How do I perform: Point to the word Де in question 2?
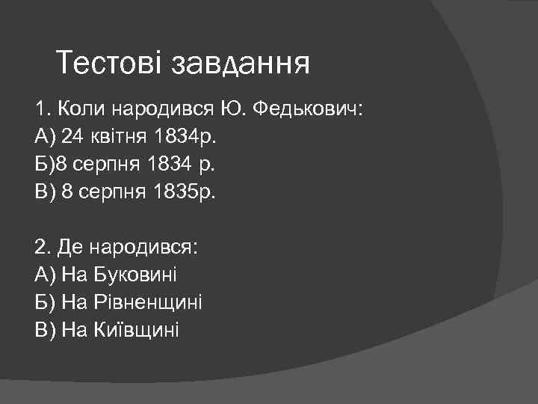[x=63, y=248]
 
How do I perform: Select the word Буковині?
[x=136, y=275]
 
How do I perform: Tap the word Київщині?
[x=137, y=329]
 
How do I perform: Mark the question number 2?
[x=40, y=248]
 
